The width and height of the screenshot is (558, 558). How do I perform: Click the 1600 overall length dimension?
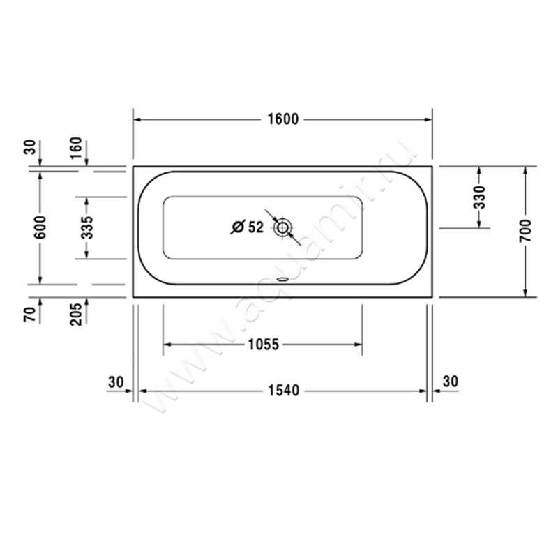282,119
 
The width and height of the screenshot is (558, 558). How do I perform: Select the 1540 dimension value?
282,391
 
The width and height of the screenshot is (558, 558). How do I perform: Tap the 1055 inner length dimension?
262,344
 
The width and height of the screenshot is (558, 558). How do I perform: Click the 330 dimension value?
479,197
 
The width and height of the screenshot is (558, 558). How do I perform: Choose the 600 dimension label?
40,228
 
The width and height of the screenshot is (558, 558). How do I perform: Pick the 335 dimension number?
86,228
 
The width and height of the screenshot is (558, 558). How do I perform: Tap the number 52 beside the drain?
255,227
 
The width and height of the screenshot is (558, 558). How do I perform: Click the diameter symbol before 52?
236,227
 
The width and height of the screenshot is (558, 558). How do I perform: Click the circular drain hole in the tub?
283,227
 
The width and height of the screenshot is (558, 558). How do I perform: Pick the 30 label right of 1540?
451,382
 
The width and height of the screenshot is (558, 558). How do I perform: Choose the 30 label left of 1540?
116,382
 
